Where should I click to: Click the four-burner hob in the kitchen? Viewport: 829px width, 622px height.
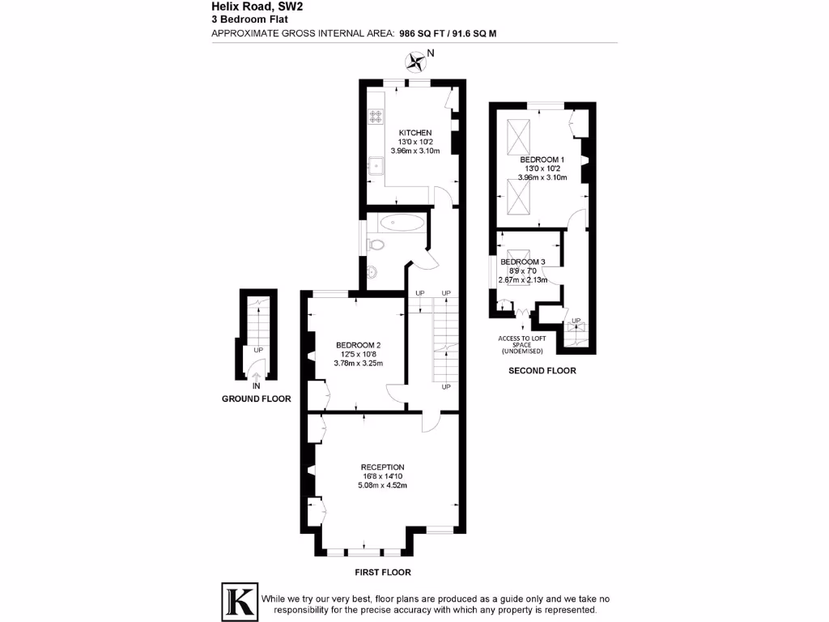click(376, 116)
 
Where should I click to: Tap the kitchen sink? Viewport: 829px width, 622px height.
click(375, 167)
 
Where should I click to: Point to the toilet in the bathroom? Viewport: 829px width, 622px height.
click(376, 245)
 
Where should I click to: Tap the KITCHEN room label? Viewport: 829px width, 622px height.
click(414, 133)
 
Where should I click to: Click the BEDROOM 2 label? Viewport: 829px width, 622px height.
click(358, 345)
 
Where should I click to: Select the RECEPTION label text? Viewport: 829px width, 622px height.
click(383, 467)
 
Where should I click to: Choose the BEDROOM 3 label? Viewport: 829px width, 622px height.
click(523, 262)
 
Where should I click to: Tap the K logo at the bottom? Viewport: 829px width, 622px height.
click(239, 601)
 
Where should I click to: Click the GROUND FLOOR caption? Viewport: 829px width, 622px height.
click(256, 399)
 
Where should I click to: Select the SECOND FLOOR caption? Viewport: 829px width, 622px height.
click(542, 371)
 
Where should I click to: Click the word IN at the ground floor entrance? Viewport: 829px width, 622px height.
click(256, 386)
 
